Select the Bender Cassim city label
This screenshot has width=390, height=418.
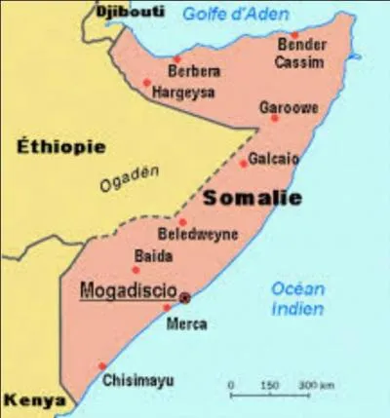coord(300,54)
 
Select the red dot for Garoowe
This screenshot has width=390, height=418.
coord(275,118)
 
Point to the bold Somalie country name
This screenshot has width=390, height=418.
coord(253,198)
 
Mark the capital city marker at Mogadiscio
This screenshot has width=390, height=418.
coord(185,298)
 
